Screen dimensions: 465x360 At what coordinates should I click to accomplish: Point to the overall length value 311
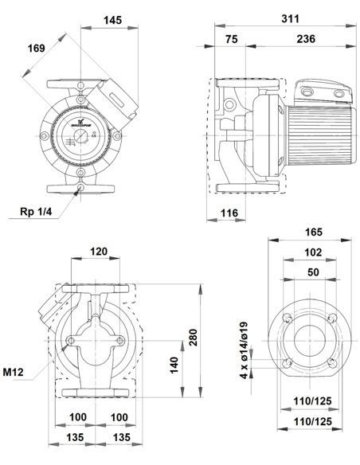point(278,18)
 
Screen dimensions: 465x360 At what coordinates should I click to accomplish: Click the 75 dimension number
point(231,39)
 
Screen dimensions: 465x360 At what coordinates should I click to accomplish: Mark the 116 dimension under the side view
point(229,213)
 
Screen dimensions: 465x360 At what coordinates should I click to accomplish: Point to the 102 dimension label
point(313,252)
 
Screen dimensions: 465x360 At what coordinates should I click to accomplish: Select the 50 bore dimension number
point(313,272)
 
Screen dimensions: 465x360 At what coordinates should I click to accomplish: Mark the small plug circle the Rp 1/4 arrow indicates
point(80,188)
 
